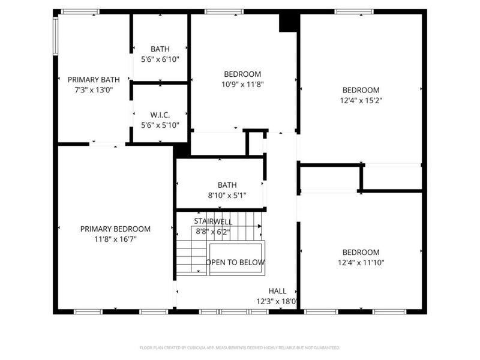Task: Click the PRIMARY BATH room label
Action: point(94,79)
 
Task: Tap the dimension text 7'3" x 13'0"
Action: point(94,89)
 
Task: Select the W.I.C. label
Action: point(160,115)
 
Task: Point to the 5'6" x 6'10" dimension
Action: point(160,59)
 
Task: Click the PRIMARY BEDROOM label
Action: point(115,229)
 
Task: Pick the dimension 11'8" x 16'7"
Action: point(115,239)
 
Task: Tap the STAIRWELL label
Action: point(212,221)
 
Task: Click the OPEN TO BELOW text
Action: point(235,262)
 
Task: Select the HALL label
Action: point(277,290)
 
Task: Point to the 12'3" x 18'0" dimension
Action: point(278,301)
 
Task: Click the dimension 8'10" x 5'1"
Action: point(227,195)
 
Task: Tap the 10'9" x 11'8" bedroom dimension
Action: point(242,84)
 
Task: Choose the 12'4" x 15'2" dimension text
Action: point(361,100)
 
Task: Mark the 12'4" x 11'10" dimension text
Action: point(361,262)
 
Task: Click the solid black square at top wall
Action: point(289,22)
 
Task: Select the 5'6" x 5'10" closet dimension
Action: point(160,125)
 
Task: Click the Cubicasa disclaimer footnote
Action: point(240,347)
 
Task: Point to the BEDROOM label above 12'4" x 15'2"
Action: point(361,90)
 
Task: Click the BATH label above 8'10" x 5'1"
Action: point(227,185)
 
